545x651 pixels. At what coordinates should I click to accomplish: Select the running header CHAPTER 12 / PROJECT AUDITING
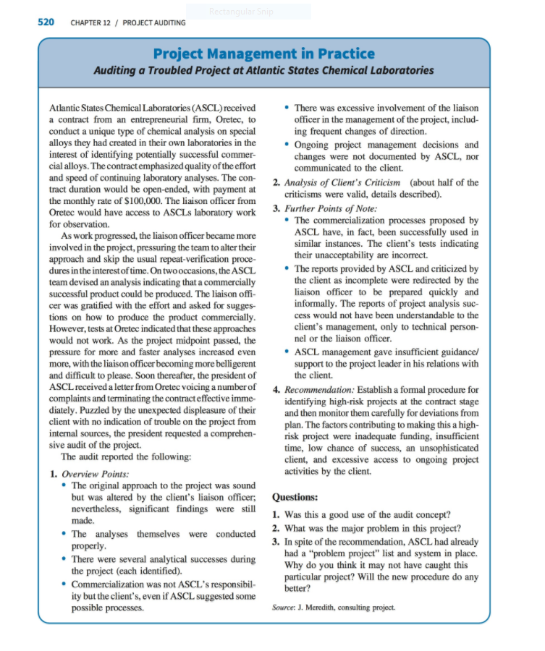click(x=128, y=22)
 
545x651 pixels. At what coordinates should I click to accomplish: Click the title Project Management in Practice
click(x=263, y=54)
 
